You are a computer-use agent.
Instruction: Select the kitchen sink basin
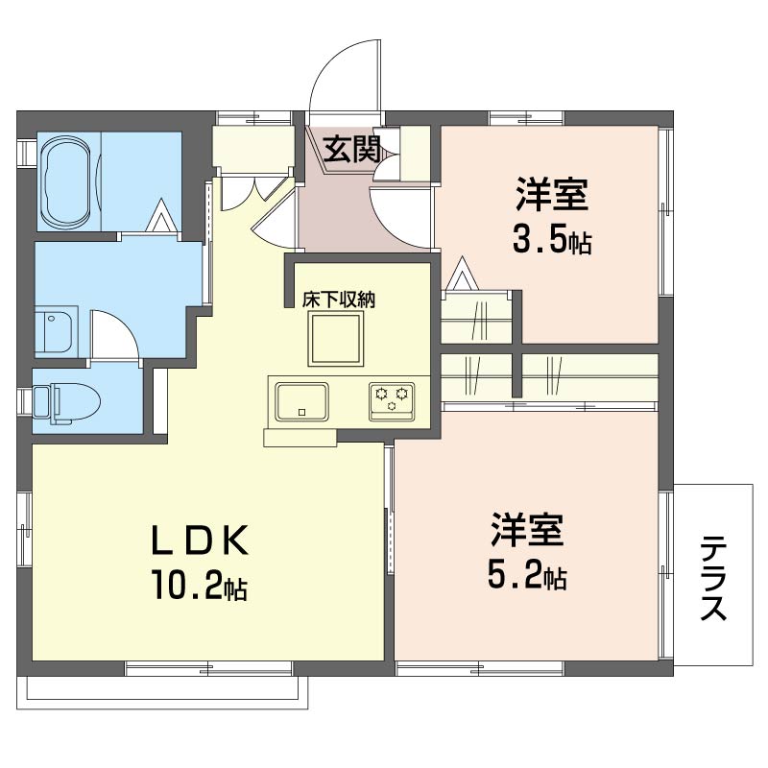coord(301,401)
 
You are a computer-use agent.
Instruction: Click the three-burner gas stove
coord(392,401)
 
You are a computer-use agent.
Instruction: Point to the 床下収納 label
coord(339,300)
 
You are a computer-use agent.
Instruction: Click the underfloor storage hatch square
coord(336,340)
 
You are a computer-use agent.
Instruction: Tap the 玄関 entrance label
coord(351,149)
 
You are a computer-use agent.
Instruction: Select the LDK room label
coord(199,540)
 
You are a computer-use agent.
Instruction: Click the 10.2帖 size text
coord(199,585)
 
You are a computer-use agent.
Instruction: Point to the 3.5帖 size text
coord(552,241)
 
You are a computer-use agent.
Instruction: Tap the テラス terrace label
coord(713,578)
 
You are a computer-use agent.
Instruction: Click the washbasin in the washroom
coord(54,329)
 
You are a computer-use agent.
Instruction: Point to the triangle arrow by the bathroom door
coord(162,216)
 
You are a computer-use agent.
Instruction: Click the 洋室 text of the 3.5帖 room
coord(551,195)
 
